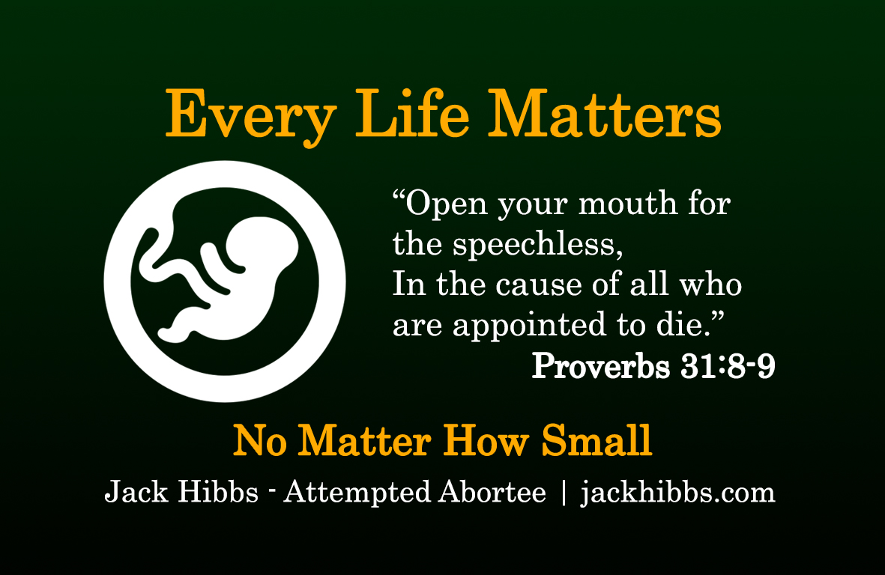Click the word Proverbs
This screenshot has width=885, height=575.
point(600,366)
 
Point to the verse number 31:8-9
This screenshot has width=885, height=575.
point(728,367)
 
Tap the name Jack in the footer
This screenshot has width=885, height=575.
point(136,491)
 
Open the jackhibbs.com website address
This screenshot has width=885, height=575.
point(678,492)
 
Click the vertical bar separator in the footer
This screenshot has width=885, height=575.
point(564,493)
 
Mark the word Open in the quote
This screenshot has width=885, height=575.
point(446,205)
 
